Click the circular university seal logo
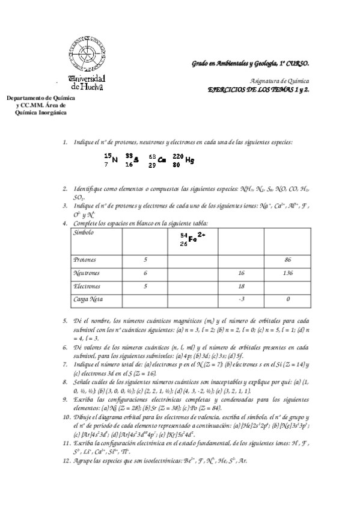87,54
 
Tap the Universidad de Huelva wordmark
88,82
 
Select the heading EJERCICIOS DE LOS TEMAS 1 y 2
258,88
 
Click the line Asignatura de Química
279,80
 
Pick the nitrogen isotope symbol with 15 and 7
110,160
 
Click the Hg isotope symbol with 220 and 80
183,160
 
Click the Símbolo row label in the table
84,232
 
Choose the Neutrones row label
87,273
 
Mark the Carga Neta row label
88,298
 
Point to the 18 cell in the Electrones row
241,286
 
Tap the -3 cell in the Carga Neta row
240,298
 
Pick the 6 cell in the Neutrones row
145,273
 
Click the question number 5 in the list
66,321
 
